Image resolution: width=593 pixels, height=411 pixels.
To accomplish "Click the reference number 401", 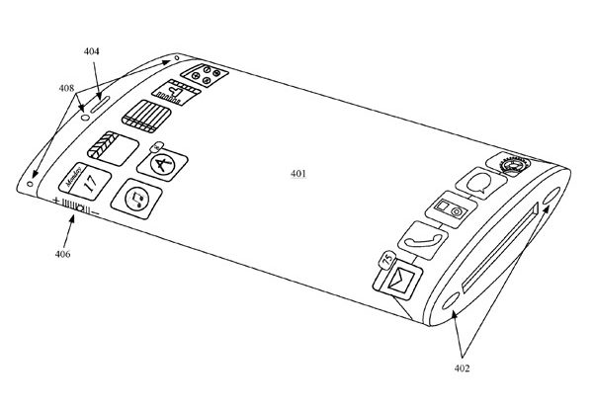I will point(297,174).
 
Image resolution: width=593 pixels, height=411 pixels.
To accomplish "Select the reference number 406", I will point(61,253).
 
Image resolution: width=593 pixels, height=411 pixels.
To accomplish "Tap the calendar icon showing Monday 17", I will point(80,183).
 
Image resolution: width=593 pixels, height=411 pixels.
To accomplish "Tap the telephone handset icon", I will point(418,237).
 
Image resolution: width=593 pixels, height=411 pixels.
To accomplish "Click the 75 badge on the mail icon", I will point(382,258).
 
